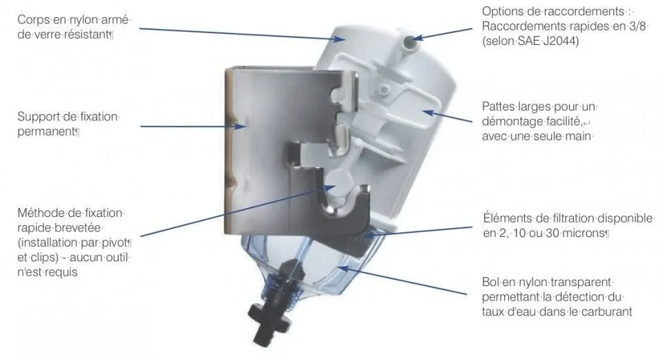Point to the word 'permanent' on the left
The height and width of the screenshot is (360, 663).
[x=46, y=132]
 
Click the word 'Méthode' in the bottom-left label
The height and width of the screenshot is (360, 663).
[x=41, y=213]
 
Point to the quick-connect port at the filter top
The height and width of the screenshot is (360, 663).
[x=409, y=41]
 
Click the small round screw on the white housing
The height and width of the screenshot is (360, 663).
[x=384, y=90]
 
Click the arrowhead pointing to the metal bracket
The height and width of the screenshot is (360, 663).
[x=241, y=126]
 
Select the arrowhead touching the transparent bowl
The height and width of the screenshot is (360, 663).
[x=343, y=269]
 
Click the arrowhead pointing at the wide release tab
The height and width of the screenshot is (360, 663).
[x=428, y=113]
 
